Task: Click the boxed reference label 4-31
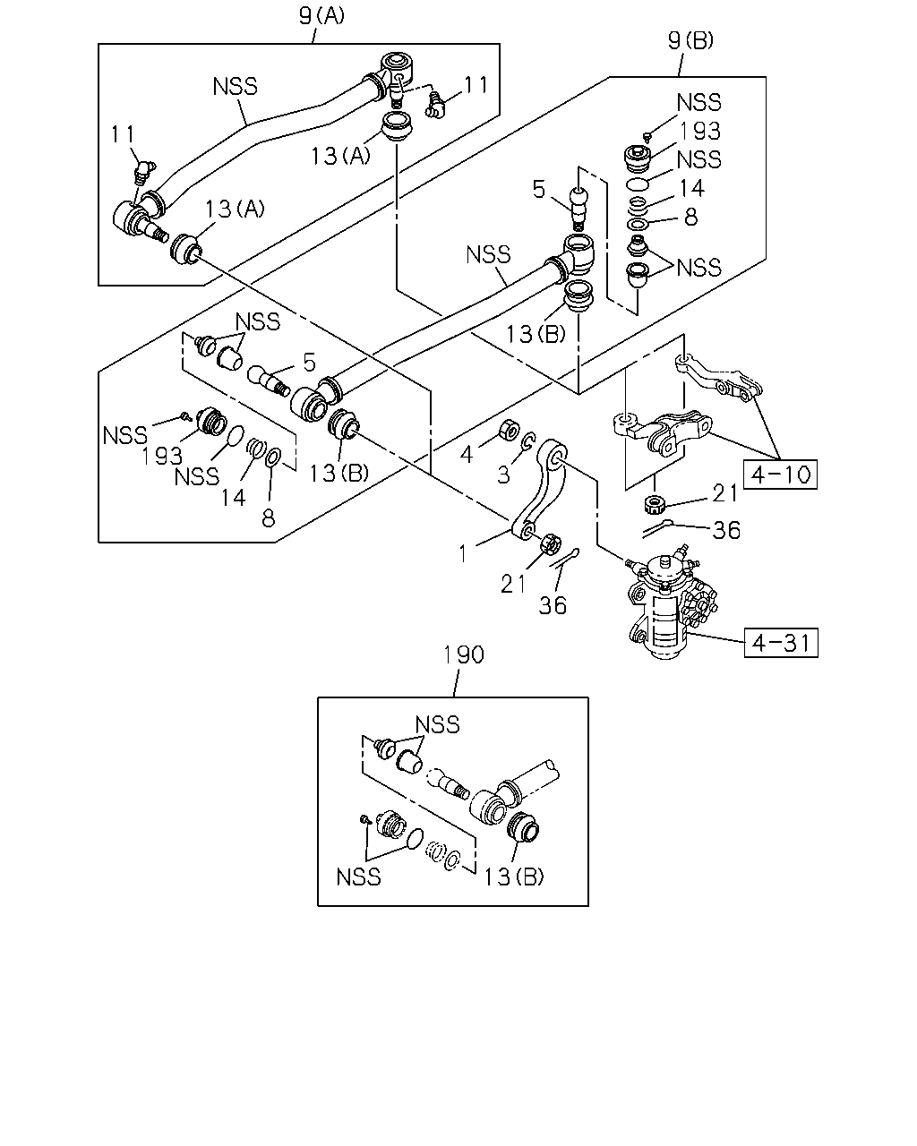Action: pos(781,643)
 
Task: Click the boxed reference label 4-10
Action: pos(780,474)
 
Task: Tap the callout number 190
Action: pos(464,654)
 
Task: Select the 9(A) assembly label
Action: pos(321,15)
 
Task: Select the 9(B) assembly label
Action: pos(690,40)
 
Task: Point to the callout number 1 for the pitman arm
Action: pos(463,554)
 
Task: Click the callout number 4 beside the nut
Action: pos(467,454)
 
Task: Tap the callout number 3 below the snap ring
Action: pos(503,475)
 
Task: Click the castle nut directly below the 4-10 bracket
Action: pos(653,503)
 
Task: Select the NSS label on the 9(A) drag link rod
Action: pos(235,86)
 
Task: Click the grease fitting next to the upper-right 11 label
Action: pos(435,105)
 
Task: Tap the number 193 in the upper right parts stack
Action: pos(699,131)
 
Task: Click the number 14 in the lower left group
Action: pos(234,498)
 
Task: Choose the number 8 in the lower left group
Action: pos(268,517)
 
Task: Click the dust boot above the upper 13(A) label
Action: pos(398,127)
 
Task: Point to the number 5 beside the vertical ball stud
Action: pos(539,189)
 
